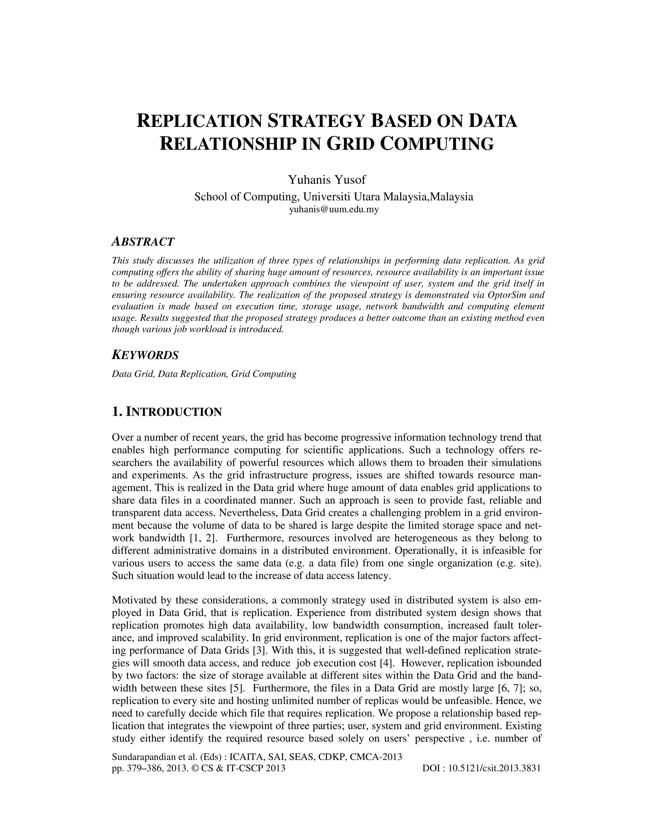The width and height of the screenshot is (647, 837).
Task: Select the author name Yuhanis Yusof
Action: pos(327,179)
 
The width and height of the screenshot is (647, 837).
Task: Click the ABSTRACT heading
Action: pos(143,242)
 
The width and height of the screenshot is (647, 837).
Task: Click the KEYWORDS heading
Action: pos(145,355)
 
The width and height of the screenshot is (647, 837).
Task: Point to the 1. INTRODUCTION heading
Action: pos(167,412)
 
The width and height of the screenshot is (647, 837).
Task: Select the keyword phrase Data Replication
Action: pos(192,374)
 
